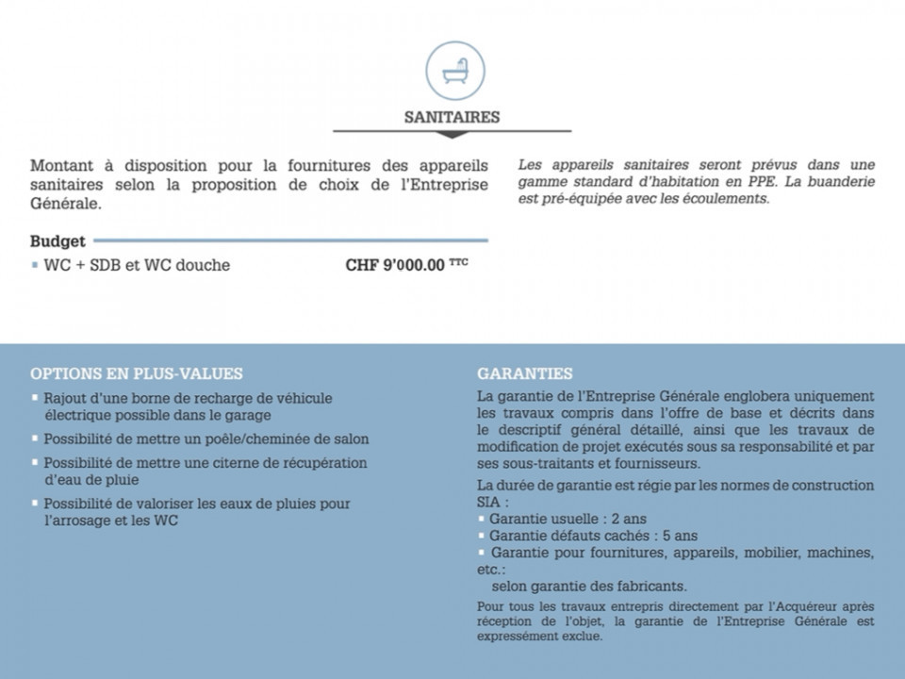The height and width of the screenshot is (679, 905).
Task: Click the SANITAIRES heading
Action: (452, 118)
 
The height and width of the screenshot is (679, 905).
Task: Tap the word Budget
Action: (58, 241)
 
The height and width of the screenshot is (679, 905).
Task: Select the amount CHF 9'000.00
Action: (395, 265)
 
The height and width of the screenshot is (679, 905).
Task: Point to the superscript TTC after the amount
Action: (458, 261)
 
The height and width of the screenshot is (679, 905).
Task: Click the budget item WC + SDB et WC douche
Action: (137, 265)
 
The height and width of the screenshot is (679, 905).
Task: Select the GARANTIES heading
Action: (524, 373)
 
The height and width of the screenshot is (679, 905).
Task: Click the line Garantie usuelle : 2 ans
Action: (568, 519)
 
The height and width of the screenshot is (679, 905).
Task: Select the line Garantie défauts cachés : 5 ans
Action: (593, 535)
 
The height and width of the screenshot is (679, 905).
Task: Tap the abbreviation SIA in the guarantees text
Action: (489, 503)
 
